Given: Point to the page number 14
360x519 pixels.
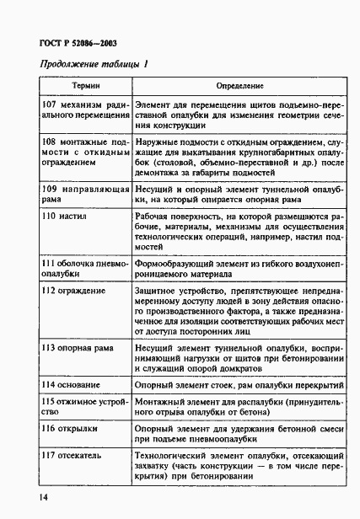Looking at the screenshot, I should (x=43, y=498).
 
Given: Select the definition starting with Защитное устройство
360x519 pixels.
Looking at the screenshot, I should (x=240, y=312).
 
